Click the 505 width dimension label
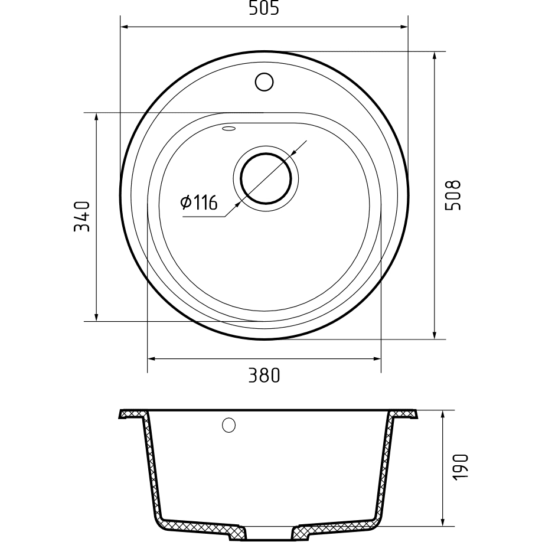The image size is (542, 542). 263,8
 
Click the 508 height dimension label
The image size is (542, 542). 452,195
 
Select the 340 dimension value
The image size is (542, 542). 82,217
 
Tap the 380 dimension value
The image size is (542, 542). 264,376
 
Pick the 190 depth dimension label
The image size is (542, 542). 460,466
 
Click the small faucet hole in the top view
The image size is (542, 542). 265,82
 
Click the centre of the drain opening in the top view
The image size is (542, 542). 266,178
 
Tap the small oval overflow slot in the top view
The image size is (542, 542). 229,129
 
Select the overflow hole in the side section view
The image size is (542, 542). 229,425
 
